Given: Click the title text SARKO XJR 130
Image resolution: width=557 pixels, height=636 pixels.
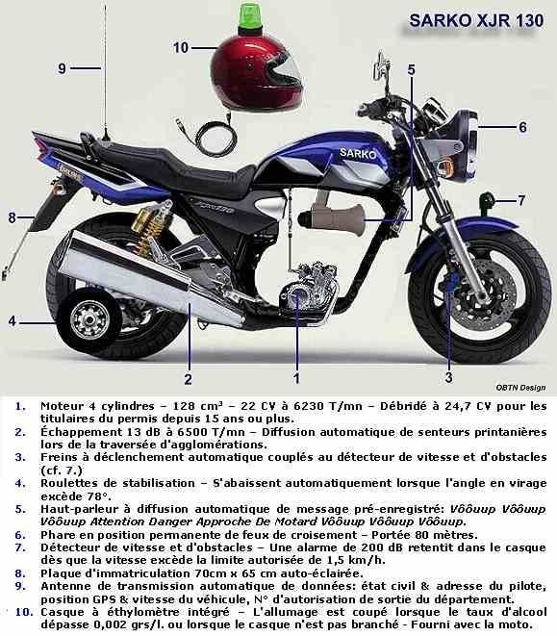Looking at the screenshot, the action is (x=476, y=20).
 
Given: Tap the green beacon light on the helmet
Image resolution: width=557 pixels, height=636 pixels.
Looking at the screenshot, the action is (x=251, y=17).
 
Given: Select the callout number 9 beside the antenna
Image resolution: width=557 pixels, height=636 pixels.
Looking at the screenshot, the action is (x=62, y=68).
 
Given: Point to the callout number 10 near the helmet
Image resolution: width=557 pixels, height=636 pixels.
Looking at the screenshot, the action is (x=181, y=48).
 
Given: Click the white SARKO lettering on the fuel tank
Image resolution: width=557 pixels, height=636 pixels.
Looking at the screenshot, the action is (x=358, y=153).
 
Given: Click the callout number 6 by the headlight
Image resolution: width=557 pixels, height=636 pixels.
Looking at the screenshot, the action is (x=523, y=127).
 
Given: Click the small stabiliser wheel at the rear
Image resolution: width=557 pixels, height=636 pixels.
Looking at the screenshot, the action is (x=89, y=319).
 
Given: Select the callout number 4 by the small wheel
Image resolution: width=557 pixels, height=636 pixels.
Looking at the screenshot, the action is (x=13, y=321).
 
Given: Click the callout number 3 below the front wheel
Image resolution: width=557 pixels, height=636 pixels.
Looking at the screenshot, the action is (x=448, y=377).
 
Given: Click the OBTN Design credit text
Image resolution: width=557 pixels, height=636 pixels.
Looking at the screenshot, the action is (x=520, y=388).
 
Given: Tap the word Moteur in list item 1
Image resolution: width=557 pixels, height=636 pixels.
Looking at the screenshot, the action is (x=63, y=406).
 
